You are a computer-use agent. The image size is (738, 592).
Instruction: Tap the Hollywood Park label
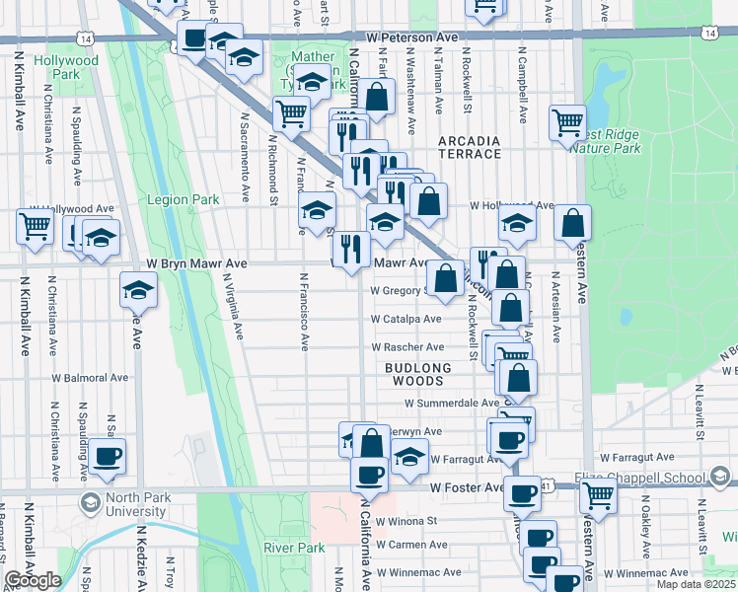pos(67,67)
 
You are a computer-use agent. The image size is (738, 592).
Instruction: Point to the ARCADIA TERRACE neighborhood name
pos(470,148)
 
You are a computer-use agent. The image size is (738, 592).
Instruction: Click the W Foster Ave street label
pos(466,487)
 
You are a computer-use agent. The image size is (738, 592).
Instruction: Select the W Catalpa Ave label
pos(407,320)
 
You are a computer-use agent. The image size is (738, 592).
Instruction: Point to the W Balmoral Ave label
pos(90,378)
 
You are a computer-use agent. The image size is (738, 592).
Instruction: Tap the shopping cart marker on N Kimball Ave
pos(35,226)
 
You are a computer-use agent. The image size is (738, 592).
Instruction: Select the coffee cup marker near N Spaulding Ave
pos(108,455)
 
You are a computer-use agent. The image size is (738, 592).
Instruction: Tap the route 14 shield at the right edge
pos(709,33)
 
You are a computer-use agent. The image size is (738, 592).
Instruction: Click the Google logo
pos(32,580)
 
